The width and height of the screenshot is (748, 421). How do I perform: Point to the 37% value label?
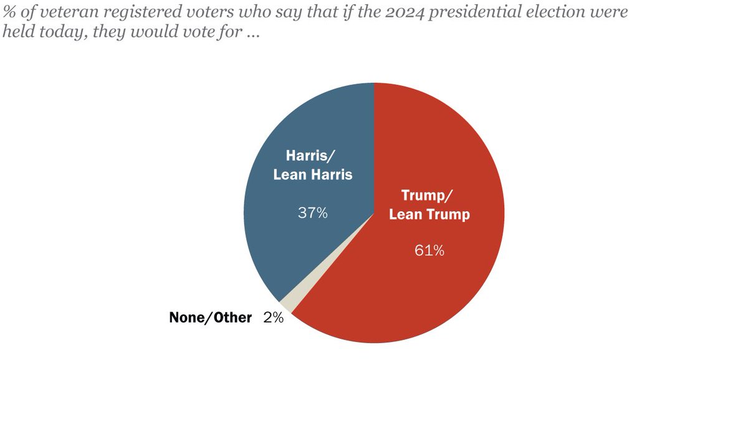point(312,213)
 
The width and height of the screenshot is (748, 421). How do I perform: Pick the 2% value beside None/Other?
point(273,318)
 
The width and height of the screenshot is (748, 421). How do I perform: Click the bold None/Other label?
point(210,318)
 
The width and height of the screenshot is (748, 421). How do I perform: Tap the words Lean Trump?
point(429,214)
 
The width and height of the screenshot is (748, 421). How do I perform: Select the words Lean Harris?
point(313,174)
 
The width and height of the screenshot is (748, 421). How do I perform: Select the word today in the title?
point(50,33)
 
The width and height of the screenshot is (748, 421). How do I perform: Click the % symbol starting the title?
point(9,12)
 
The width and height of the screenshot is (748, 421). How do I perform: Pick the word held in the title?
point(16,33)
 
